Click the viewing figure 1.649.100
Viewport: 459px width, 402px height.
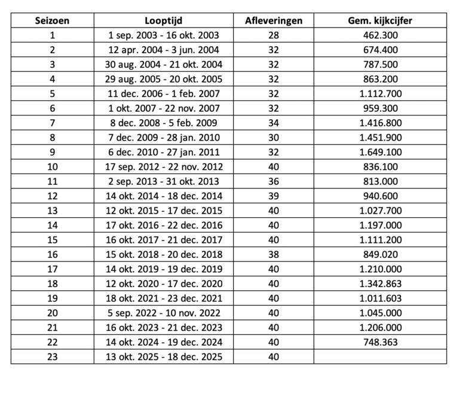tap(380, 152)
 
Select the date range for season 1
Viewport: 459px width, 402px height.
tap(163, 35)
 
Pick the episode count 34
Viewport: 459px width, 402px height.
tap(274, 123)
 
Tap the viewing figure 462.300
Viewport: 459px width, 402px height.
tap(380, 35)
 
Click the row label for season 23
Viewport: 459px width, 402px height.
tap(52, 357)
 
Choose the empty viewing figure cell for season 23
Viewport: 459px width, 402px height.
tap(380, 357)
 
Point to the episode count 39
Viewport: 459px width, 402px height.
tap(274, 196)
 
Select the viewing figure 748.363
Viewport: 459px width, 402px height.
tap(380, 342)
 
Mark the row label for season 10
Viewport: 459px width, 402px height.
tap(52, 167)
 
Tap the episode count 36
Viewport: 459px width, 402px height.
tap(274, 181)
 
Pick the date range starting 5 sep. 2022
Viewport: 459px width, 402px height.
tap(163, 313)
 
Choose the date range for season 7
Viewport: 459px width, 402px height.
tap(163, 123)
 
